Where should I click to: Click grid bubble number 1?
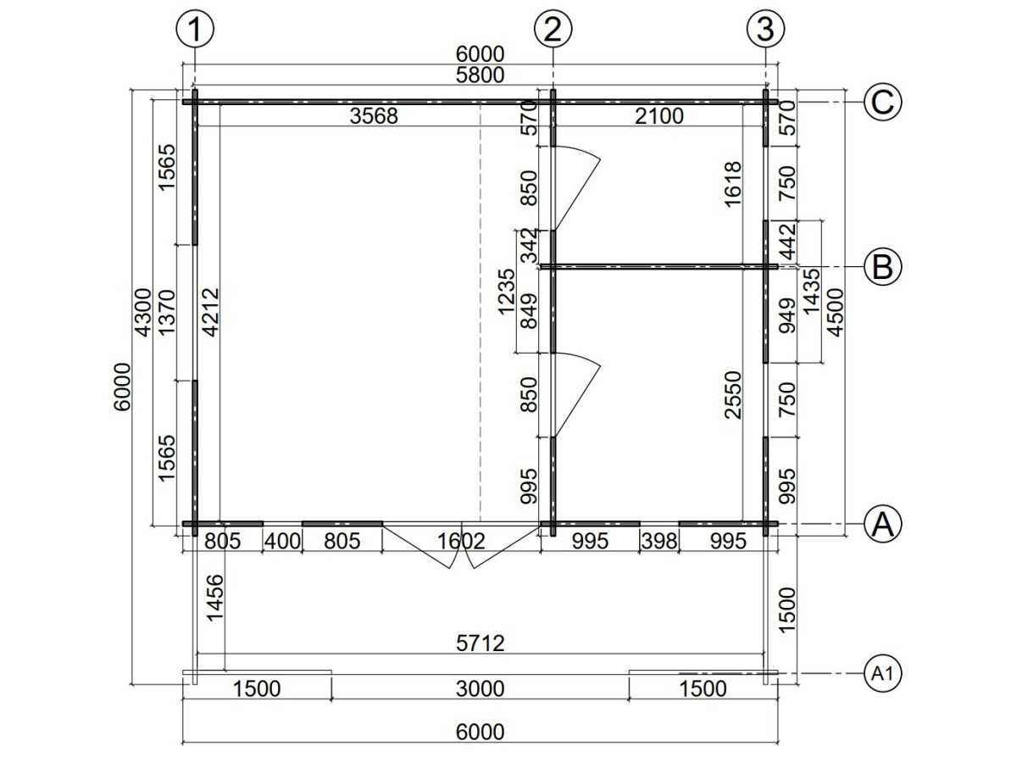coord(195,29)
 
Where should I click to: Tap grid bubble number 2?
coord(553,29)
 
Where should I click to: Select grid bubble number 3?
coord(765,29)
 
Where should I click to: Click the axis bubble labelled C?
coord(882,102)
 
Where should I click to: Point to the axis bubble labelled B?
coord(882,267)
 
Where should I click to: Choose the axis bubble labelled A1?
coord(882,673)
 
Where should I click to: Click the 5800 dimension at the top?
coord(480,75)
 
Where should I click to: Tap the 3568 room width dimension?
coord(374,116)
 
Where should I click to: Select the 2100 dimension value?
coord(659,116)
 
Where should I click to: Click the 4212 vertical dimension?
coord(211,313)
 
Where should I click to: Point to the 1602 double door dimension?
coord(461,541)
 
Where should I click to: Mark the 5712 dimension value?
coord(480,643)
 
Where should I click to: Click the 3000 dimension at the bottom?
coord(480,689)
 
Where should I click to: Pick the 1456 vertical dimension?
coord(215,598)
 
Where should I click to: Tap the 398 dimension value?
coord(659,541)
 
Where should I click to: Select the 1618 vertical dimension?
coord(733,184)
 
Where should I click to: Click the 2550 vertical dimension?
coord(733,395)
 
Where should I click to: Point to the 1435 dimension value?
coord(811,292)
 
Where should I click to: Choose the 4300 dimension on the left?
coord(142,313)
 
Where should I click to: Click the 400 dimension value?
coord(282,541)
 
